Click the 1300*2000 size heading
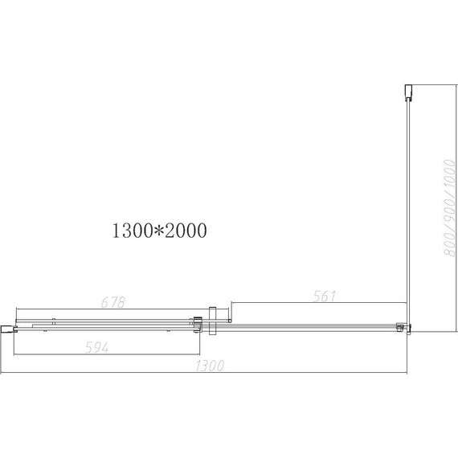click(x=160, y=231)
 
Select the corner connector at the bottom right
click(x=404, y=326)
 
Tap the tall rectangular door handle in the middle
click(x=211, y=321)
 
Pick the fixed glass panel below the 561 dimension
click(x=313, y=325)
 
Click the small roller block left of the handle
click(x=196, y=324)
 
